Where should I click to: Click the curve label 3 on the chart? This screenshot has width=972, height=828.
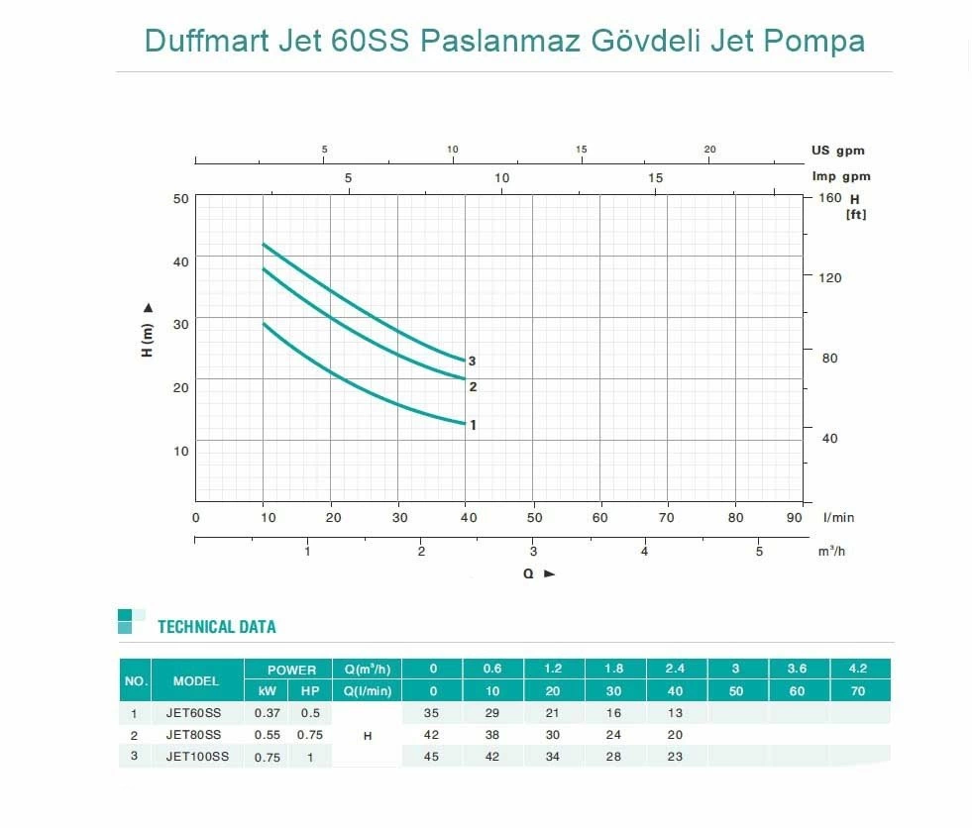(x=473, y=362)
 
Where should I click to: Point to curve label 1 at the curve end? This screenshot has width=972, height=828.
(x=473, y=425)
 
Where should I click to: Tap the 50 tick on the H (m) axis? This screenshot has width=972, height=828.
(x=180, y=198)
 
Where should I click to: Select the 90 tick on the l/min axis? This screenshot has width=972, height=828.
(x=796, y=517)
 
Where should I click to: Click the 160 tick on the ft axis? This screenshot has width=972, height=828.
(x=828, y=198)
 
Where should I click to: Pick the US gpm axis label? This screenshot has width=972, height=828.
(x=837, y=151)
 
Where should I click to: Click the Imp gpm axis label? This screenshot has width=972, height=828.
(x=840, y=176)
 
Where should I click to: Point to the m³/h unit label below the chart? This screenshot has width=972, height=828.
(x=830, y=552)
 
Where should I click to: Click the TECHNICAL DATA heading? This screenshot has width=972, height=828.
(x=216, y=627)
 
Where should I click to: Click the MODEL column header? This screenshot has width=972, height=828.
(x=196, y=681)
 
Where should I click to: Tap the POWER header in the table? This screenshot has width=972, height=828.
(x=291, y=671)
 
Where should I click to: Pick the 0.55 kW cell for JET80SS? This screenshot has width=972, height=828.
(x=267, y=735)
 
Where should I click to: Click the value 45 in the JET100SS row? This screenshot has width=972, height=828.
(x=431, y=757)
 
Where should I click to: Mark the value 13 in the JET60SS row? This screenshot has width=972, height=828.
(x=675, y=713)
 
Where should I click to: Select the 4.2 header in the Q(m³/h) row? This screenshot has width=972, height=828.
(x=859, y=669)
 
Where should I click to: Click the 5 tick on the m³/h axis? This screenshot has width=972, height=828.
(x=759, y=552)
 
